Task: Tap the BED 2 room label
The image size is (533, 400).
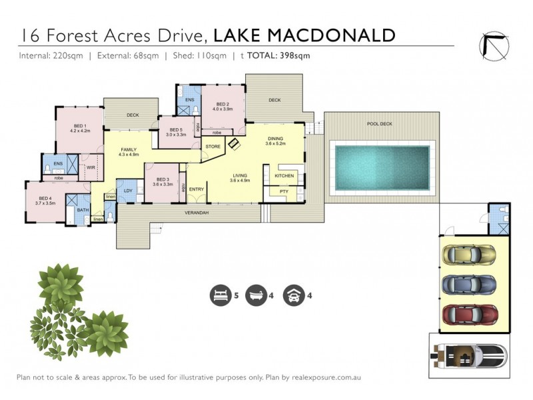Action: [223, 104]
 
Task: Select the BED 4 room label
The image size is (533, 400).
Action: [45, 198]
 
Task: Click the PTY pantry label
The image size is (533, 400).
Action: [283, 192]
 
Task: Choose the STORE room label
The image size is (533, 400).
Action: [213, 146]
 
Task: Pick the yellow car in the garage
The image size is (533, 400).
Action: [469, 255]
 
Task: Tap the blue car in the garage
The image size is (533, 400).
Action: [469, 284]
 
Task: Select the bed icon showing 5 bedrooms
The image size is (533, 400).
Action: [218, 295]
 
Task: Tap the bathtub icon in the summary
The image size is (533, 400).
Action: [255, 295]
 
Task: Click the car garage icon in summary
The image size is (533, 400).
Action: [291, 295]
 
